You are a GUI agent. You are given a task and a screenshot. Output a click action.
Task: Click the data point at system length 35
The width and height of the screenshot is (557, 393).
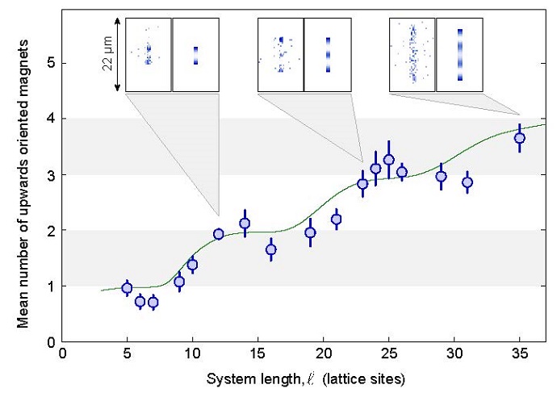[x=520, y=138]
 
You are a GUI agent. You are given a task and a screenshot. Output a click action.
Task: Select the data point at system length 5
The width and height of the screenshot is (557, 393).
[x=127, y=288]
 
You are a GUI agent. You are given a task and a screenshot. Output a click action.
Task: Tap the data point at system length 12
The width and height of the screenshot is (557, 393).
[x=218, y=234]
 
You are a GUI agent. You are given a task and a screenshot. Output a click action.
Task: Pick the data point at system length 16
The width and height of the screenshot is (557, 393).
[x=271, y=249]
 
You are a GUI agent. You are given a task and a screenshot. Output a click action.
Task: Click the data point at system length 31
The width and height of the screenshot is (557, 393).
[x=467, y=182]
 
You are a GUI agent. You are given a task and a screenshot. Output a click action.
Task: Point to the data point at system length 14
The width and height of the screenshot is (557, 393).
[x=245, y=224]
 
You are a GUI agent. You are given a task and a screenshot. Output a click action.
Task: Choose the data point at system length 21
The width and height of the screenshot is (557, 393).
[x=337, y=219]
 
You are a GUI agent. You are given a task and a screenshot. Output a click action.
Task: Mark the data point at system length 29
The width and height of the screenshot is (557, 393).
[x=442, y=177]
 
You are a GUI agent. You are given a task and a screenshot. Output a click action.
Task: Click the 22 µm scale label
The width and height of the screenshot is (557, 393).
[x=107, y=54]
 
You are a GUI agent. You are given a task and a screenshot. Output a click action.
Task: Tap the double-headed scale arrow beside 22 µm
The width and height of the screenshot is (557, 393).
[x=119, y=54]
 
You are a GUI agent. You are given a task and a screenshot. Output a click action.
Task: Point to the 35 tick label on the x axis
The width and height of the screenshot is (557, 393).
[x=520, y=353]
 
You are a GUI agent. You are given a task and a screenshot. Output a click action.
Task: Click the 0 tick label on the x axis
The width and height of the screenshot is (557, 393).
[x=62, y=353]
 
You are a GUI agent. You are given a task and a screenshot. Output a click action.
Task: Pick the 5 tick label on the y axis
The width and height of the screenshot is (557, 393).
[x=50, y=62]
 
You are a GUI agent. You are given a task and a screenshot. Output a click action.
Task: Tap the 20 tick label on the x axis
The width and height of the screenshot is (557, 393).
[x=324, y=353]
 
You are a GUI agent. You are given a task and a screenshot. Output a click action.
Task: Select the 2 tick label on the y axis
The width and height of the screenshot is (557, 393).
[x=50, y=230]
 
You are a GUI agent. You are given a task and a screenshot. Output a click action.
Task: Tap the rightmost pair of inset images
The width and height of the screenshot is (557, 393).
[x=436, y=54]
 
